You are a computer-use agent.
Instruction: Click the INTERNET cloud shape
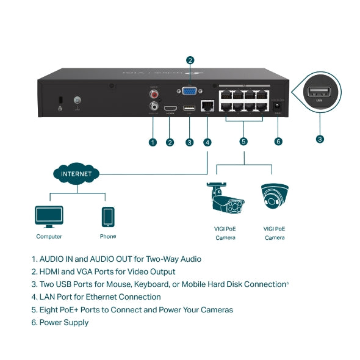(x=76, y=174)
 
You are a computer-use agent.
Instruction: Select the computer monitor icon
(x=49, y=216)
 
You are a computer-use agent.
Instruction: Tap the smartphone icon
(x=107, y=216)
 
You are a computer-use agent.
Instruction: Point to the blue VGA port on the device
(x=190, y=90)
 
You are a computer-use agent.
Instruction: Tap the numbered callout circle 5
(x=243, y=142)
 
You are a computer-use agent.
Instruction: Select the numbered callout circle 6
(x=278, y=142)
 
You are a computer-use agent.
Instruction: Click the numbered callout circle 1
(x=153, y=142)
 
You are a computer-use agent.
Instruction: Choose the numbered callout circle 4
(x=207, y=142)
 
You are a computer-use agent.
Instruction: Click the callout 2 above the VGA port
(x=190, y=60)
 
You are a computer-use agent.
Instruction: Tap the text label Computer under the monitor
(x=49, y=237)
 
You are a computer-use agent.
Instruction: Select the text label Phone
(x=107, y=236)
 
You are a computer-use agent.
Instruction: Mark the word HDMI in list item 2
(x=50, y=272)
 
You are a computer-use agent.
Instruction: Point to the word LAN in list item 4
(x=48, y=297)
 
